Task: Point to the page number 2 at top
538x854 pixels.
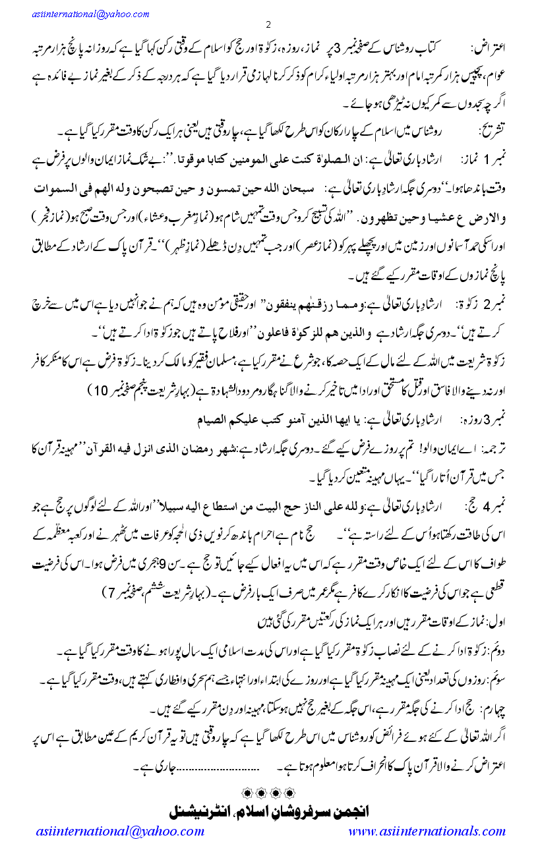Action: [268, 25]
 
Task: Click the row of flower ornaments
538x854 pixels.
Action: [268, 790]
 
